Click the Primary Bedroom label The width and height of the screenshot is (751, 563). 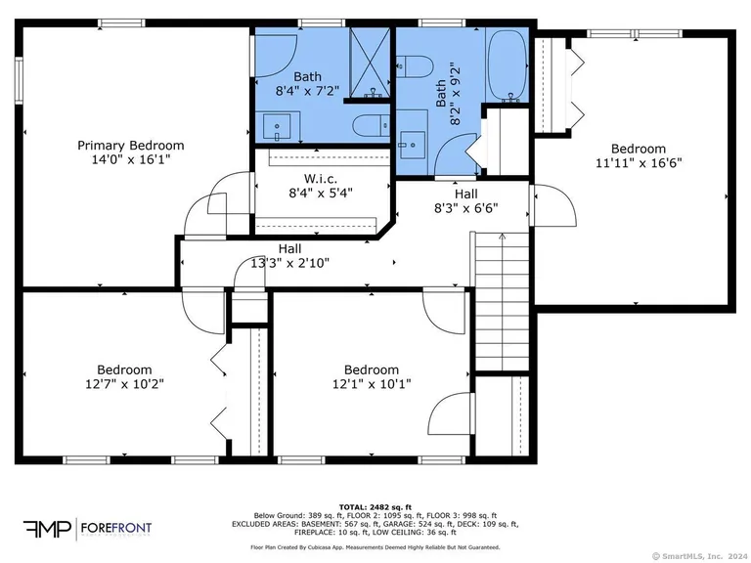[x=130, y=146]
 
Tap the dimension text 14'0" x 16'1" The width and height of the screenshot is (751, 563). [x=130, y=159]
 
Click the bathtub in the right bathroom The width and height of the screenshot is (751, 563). [x=506, y=66]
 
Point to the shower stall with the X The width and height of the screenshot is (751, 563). [x=370, y=62]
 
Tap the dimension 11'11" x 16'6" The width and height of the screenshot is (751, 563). [x=638, y=163]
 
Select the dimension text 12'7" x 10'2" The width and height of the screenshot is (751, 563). [x=124, y=384]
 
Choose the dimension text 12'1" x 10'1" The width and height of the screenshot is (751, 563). [x=371, y=384]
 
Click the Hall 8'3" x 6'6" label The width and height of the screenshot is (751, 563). [x=465, y=200]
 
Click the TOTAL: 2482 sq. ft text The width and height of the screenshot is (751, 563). [x=375, y=505]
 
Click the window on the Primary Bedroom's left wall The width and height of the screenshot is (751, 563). [x=18, y=74]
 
